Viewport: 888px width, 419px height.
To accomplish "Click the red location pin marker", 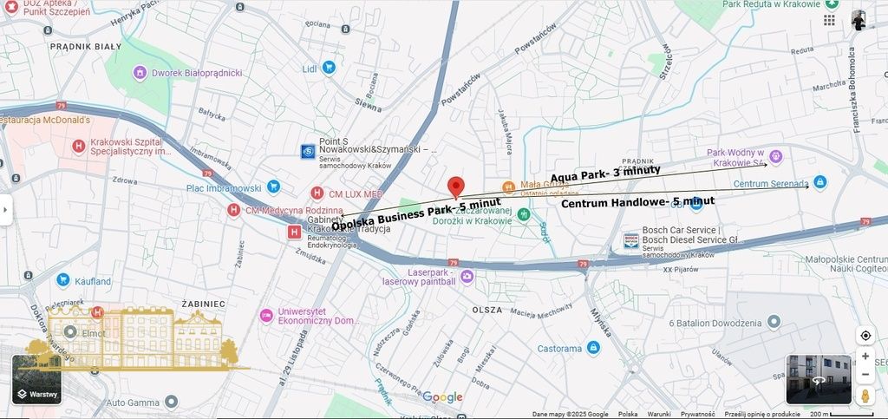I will (455, 187).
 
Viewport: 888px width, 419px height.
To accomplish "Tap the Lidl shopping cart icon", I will (329, 67).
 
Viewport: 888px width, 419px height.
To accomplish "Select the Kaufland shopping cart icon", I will (62, 280).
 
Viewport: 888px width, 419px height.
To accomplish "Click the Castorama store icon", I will (593, 348).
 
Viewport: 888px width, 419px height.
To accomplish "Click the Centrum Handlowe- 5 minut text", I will (637, 202).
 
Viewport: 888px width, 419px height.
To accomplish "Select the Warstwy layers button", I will (36, 380).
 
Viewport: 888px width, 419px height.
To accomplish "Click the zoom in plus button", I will (865, 357).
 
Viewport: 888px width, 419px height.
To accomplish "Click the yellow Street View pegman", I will (865, 396).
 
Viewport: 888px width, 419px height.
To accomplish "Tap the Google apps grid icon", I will (830, 20).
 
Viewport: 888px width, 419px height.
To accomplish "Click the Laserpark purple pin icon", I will (467, 277).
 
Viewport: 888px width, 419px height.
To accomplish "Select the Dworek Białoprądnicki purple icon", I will (139, 72).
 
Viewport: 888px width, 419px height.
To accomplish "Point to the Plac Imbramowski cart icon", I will (273, 187).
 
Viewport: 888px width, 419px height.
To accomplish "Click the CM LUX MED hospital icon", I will (317, 193).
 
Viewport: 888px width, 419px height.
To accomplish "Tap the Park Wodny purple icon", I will (776, 157).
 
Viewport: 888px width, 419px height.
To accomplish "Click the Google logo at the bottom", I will (442, 397).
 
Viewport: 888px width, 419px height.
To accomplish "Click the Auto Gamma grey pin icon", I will (171, 402).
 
